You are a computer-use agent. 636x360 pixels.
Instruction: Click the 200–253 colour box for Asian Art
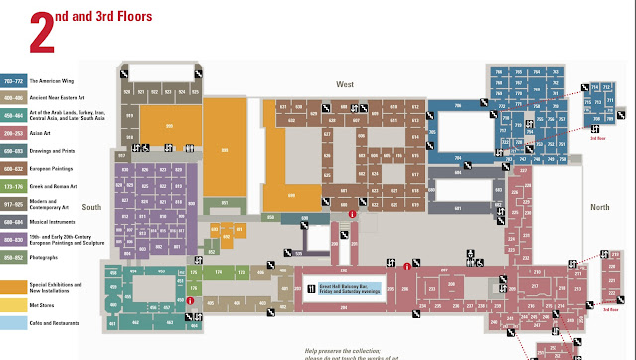(x=13, y=130)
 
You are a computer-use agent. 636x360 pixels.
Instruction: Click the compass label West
(x=345, y=83)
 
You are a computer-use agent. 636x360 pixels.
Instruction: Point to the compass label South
(x=91, y=207)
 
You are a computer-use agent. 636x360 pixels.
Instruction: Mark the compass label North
(x=599, y=207)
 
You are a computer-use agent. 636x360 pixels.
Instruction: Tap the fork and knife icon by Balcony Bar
(x=311, y=289)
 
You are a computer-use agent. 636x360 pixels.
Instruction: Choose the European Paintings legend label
(x=52, y=169)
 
